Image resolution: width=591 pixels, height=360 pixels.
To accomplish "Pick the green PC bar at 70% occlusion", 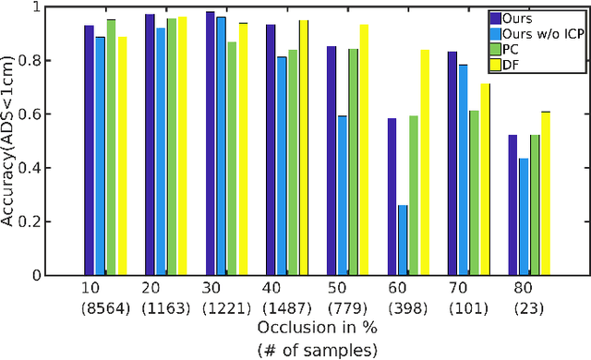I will pos(474,193).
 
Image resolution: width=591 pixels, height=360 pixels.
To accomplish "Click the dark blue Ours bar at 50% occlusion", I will pos(332,161).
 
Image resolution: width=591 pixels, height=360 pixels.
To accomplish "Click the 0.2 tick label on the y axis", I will pos(42,222).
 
